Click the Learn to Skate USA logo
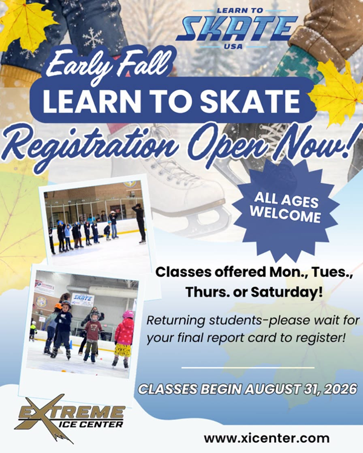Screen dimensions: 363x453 pos(237,28)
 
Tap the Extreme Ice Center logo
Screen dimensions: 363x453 pos(70,418)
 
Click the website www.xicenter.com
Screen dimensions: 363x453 pos(267,438)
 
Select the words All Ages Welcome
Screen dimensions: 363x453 pos(286,208)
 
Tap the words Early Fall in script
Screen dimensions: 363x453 pos(107,66)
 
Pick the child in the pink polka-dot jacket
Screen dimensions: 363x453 pos(124,339)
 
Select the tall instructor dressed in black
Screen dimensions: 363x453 pos(140,223)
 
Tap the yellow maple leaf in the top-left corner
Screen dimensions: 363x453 pos(26,25)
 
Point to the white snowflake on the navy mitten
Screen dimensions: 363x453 pos(93,37)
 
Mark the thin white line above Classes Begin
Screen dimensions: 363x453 pos(248,368)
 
